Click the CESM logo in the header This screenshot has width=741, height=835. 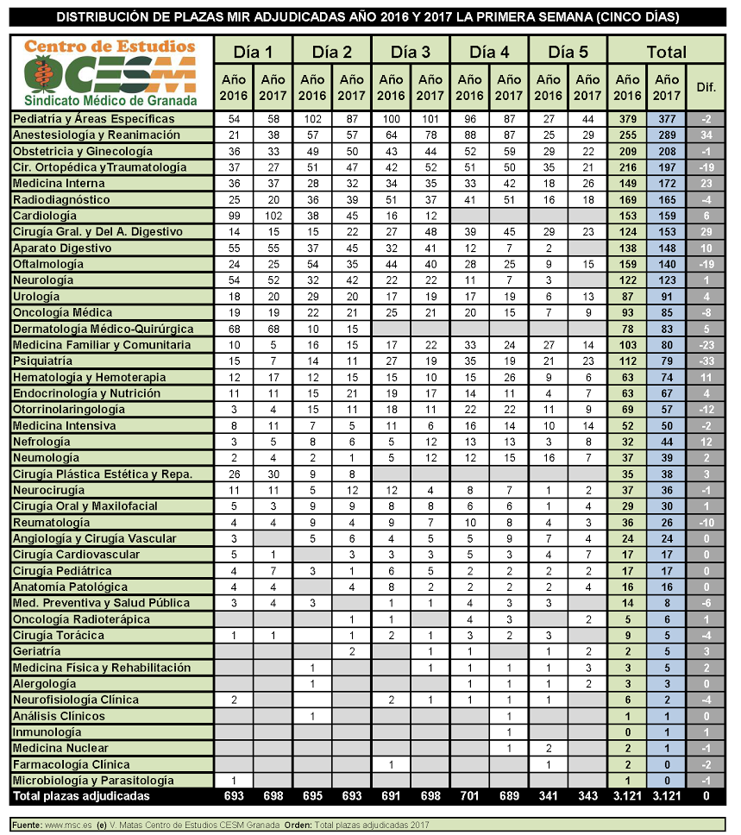(111, 72)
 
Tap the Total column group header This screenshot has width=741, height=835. (667, 52)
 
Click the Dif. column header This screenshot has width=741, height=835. (706, 87)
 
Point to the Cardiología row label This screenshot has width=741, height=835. (46, 215)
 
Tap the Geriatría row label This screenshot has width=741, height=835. (37, 651)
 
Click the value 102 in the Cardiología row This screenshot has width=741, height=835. (273, 215)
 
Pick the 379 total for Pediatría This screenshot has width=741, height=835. (628, 118)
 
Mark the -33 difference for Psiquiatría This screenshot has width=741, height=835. (706, 361)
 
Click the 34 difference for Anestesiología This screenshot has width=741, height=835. (706, 135)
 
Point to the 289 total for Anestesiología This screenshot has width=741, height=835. (668, 135)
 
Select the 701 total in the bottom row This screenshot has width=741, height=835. (469, 796)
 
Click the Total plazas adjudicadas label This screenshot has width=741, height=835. (82, 796)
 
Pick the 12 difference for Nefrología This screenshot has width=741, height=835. (706, 441)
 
